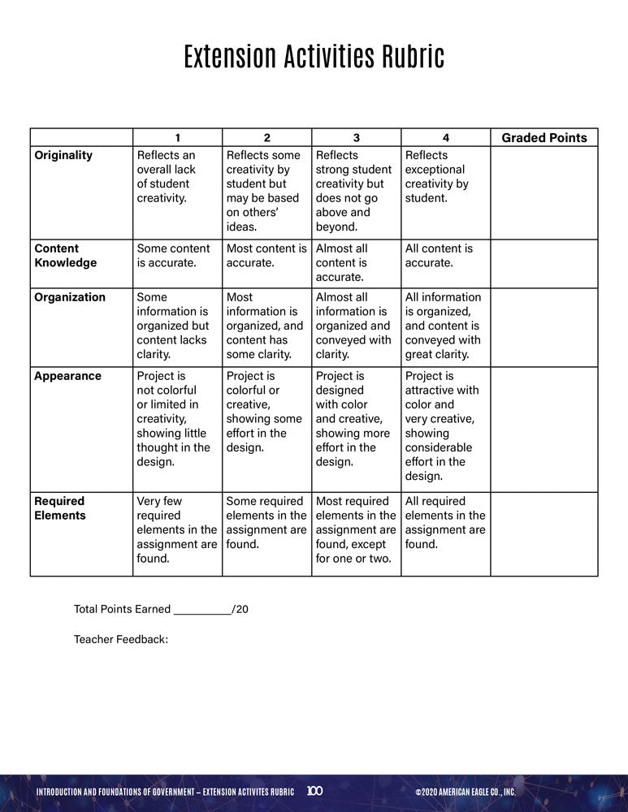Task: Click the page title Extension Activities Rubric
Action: [314, 58]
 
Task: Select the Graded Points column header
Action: [544, 138]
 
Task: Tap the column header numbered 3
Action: [356, 138]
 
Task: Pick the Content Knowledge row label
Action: [65, 256]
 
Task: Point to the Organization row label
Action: [70, 297]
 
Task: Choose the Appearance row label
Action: [67, 376]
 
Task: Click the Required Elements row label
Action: [59, 508]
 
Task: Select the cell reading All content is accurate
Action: [439, 256]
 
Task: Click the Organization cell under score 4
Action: [444, 326]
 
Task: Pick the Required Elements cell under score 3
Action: [355, 529]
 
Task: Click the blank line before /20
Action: [202, 609]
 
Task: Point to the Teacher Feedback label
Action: [121, 640]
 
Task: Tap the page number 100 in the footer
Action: [315, 791]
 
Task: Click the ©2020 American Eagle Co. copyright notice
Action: [465, 792]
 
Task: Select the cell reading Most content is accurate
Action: [266, 256]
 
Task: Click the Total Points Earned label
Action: [123, 609]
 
